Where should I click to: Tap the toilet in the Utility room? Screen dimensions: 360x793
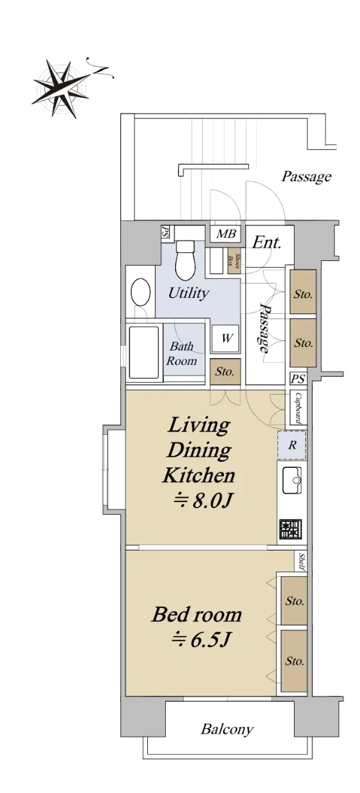point(185,258)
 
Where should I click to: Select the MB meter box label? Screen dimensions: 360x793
point(226,234)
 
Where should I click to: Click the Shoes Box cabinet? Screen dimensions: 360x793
point(234,260)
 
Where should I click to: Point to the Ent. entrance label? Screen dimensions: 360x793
point(267,243)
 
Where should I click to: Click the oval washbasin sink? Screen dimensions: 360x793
point(141,291)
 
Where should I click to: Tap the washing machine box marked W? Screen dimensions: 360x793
point(226,338)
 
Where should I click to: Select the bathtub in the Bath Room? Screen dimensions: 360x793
point(143,353)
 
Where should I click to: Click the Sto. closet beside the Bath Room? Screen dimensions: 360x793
point(225,371)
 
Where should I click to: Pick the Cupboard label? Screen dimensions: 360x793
point(298,408)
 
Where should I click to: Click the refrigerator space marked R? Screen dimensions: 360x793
point(292,445)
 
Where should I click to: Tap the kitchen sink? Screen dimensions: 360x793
point(292,480)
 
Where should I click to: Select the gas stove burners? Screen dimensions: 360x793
point(291,529)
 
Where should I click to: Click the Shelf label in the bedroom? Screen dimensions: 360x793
point(302,562)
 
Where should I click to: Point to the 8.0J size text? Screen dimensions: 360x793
point(203,501)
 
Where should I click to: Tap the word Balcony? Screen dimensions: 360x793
point(227,730)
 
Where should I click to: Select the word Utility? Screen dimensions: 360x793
point(188,293)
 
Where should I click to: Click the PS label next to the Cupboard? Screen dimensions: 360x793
point(298,379)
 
